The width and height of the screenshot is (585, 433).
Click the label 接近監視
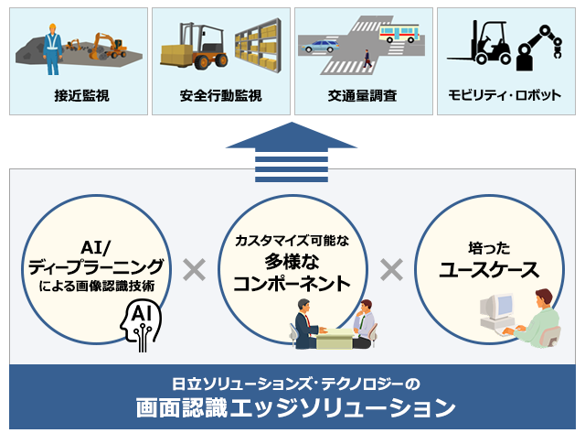tap(81, 95)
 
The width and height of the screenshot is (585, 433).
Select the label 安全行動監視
tap(221, 95)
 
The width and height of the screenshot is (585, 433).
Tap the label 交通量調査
tap(362, 95)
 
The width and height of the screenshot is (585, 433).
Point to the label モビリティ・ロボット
tap(505, 95)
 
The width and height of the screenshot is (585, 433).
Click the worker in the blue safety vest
tap(52, 49)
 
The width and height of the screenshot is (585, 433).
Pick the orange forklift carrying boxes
tap(194, 47)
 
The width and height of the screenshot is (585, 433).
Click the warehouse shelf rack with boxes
tap(258, 46)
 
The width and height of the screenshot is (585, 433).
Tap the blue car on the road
tap(321, 47)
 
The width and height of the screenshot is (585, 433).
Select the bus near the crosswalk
tap(399, 33)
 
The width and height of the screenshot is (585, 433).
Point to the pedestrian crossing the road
tap(367, 59)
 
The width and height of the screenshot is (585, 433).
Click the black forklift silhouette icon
tap(479, 43)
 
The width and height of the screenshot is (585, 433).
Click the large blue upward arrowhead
tap(292, 136)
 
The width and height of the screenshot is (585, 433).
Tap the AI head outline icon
tap(141, 325)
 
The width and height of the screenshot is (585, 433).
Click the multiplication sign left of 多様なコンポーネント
tap(195, 269)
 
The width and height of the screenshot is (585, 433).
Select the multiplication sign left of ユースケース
tap(391, 269)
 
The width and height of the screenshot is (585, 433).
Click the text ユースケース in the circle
tap(489, 270)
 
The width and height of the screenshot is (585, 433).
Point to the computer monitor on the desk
tap(496, 307)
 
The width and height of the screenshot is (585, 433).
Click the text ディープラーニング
tap(96, 266)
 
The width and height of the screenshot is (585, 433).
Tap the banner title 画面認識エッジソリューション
tap(295, 407)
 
